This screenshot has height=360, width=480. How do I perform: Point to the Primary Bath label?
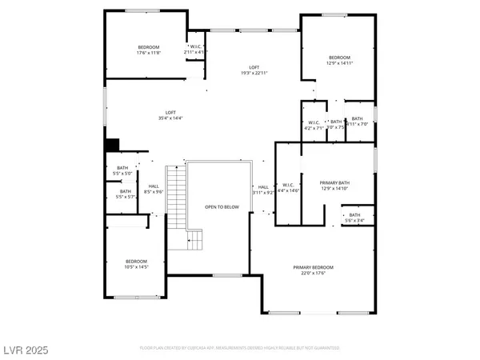pos(334,186)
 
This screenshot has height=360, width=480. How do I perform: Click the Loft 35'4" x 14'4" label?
pos(170,115)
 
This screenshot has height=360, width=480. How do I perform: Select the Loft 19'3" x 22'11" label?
pos(254,70)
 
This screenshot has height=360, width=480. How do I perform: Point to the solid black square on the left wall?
pos(112,145)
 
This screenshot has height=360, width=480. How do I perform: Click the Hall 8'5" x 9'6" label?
pos(154,189)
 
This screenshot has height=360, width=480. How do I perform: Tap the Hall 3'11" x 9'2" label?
pos(263,189)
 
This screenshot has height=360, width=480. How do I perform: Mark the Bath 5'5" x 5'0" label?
pos(123,170)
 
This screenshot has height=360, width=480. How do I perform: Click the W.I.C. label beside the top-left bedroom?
pos(195,49)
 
